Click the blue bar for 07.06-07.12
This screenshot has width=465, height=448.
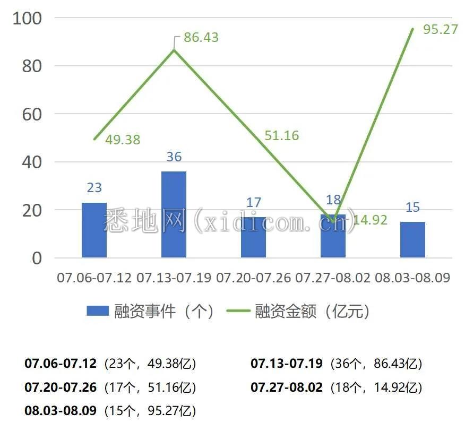[94, 230]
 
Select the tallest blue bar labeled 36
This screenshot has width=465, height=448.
[174, 214]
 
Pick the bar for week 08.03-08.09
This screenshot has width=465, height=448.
[412, 240]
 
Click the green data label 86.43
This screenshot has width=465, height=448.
[201, 38]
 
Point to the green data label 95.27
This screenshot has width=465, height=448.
[440, 29]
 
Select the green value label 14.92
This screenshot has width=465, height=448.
[370, 220]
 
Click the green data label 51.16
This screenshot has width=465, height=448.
[281, 135]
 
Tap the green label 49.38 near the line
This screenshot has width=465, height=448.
[123, 140]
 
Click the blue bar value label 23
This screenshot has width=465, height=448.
[94, 187]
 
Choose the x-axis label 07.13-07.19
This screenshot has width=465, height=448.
[174, 278]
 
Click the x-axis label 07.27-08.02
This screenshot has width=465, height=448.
[333, 278]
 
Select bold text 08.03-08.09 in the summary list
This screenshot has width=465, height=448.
[61, 411]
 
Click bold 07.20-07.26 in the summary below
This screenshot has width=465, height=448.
[61, 387]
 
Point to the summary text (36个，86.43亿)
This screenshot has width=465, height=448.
[376, 364]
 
